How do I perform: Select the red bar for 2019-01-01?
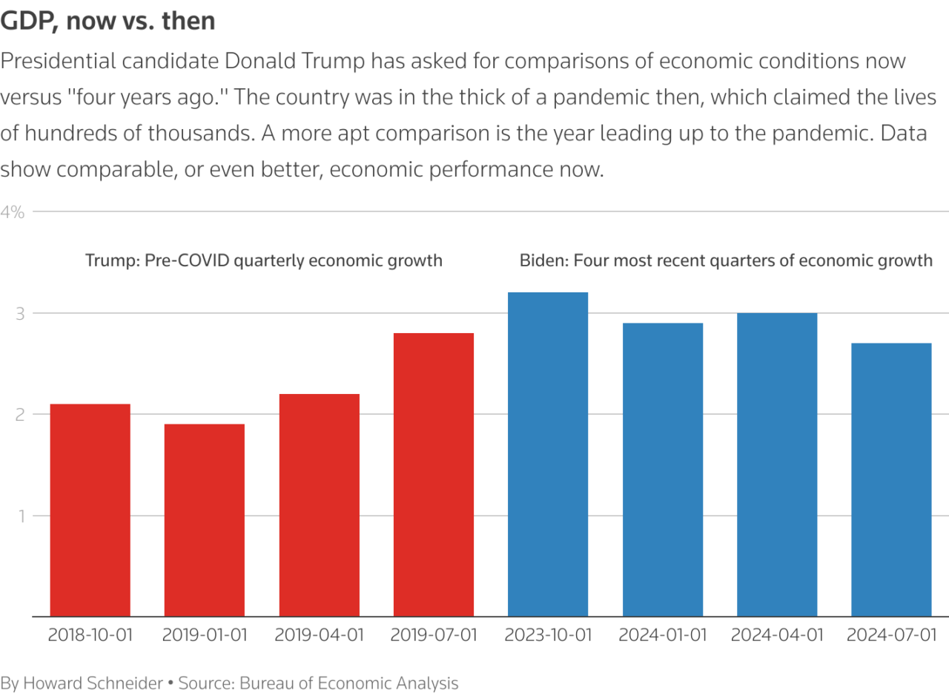(205, 519)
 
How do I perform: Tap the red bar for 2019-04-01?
(320, 505)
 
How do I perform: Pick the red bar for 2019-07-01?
(434, 475)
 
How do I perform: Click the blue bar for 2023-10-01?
(548, 454)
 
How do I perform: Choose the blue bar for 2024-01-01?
(663, 469)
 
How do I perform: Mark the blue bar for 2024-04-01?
(777, 464)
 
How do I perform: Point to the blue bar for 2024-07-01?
(891, 479)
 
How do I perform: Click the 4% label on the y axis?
(13, 212)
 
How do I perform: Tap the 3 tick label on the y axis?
(20, 314)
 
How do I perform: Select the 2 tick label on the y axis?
(20, 415)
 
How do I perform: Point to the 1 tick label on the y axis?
(20, 516)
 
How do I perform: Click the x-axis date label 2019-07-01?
(434, 636)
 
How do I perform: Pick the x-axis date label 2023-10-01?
(548, 636)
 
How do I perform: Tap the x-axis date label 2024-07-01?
(891, 636)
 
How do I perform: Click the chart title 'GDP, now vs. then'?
(108, 21)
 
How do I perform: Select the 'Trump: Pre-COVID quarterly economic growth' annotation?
(264, 260)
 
